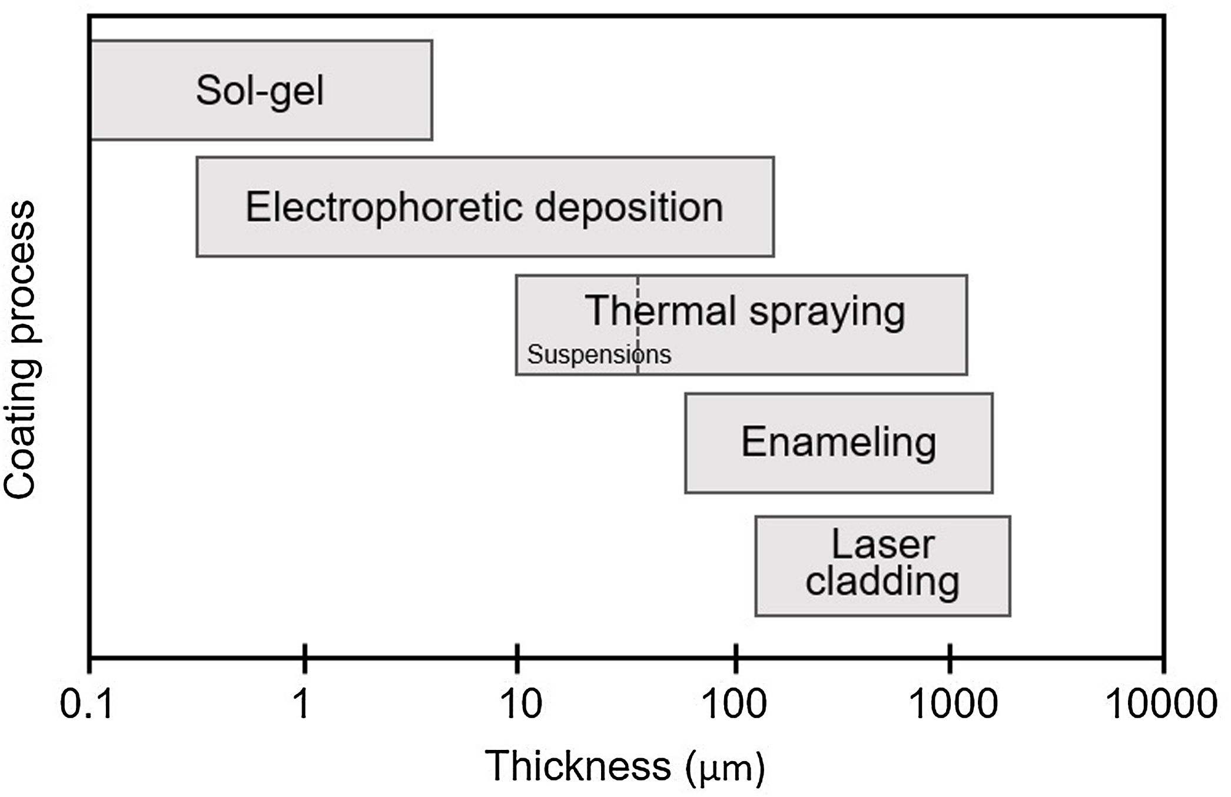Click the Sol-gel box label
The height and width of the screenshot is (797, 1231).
(260, 91)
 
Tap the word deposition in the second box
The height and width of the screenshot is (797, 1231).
(629, 208)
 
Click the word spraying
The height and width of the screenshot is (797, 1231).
(827, 311)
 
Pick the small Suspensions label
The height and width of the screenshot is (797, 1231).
(599, 354)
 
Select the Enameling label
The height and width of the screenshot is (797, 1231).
(838, 442)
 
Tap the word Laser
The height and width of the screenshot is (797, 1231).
(882, 544)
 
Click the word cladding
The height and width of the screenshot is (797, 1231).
(882, 582)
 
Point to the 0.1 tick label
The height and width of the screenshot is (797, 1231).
(87, 703)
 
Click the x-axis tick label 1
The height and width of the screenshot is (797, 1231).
(302, 703)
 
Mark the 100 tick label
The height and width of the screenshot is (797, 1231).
(735, 703)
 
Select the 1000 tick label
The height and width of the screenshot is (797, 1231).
(953, 703)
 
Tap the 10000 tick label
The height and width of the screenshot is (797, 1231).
(1162, 703)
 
